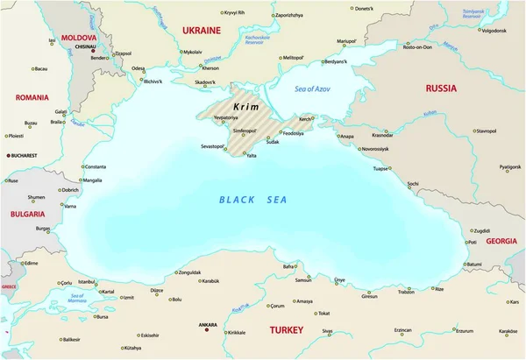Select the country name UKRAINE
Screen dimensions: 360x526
click(201, 30)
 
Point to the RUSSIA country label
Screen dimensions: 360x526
click(441, 88)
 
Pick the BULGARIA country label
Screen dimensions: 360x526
click(27, 214)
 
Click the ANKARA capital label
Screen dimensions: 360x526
click(208, 323)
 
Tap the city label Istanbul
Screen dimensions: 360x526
click(87, 282)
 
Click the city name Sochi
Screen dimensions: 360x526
click(413, 184)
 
